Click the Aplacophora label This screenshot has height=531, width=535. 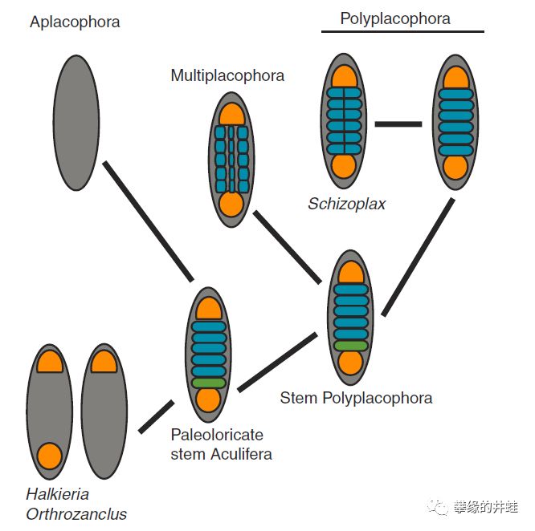75,22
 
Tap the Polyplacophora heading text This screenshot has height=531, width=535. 395,18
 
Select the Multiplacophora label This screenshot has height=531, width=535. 227,75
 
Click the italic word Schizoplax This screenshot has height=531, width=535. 346,204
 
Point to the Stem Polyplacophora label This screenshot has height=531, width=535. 356,398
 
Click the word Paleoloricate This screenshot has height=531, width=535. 217,435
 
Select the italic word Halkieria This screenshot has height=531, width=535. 57,494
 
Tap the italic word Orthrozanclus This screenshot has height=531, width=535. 76,514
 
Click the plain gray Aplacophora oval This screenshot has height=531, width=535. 76,123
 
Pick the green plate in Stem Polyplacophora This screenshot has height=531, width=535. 351,346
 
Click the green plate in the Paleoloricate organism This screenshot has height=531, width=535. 209,383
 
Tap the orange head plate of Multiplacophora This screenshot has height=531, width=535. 232,115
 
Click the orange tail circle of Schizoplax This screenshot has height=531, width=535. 344,167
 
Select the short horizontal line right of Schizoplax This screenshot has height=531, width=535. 398,124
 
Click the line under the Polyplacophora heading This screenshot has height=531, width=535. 402,31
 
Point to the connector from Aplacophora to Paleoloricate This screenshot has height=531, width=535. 149,221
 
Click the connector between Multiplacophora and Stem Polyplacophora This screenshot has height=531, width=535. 288,247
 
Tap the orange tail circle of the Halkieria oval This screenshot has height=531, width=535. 50,456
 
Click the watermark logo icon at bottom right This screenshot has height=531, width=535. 438,508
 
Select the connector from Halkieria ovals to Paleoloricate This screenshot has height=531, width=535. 157,417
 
